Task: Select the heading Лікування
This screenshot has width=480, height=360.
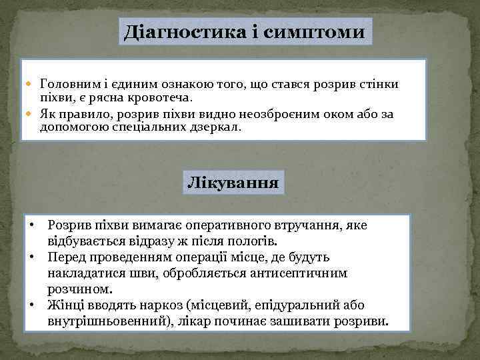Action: coord(233,181)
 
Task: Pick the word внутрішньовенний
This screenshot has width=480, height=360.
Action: coord(104,323)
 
